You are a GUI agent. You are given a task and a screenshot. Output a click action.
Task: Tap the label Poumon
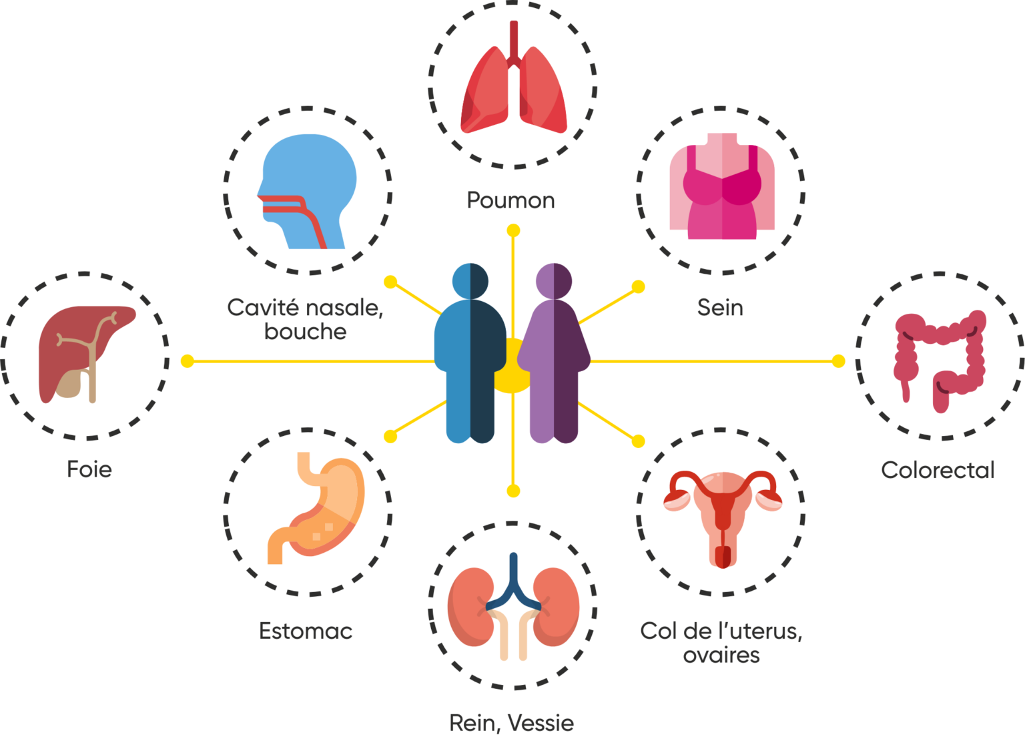pos(511,200)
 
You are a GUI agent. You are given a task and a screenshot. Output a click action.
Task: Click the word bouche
pos(306,332)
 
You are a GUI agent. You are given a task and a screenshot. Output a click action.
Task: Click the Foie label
pos(89,469)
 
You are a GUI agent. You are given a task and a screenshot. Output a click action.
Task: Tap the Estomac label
pos(306,631)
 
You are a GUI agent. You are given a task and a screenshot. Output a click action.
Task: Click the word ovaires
pos(721,655)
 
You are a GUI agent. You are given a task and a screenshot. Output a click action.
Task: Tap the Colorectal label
pos(938,470)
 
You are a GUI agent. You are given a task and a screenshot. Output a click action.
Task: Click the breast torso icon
pos(721,187)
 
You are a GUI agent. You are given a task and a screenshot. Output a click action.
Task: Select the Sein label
pos(720,307)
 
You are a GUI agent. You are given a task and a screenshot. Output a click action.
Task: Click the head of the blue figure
pos(470,280)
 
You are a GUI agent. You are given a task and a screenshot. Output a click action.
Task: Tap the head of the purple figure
pos(554,280)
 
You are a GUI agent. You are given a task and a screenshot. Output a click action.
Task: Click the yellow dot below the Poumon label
pos(513,231)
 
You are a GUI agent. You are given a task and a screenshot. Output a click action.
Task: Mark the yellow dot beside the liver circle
pos(188,361)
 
